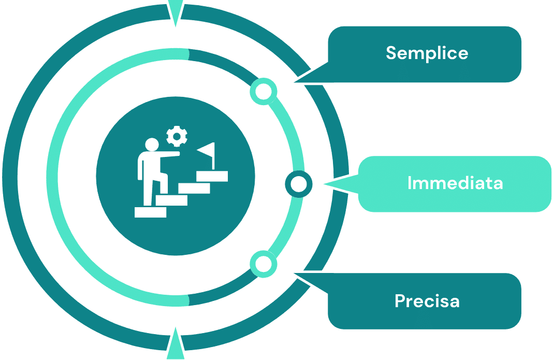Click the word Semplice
pyautogui.click(x=427, y=53)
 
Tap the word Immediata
pyautogui.click(x=455, y=183)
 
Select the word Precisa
pyautogui.click(x=427, y=301)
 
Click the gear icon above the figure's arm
pyautogui.click(x=177, y=136)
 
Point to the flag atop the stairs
pyautogui.click(x=207, y=152)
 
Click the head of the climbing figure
pyautogui.click(x=152, y=145)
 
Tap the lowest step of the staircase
pyautogui.click(x=150, y=212)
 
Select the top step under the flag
pyautogui.click(x=212, y=176)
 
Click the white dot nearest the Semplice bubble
pyautogui.click(x=264, y=92)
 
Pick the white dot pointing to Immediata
pyautogui.click(x=298, y=184)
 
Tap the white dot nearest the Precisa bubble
pyautogui.click(x=264, y=264)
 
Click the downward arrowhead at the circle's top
pyautogui.click(x=176, y=13)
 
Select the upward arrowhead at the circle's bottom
pyautogui.click(x=176, y=344)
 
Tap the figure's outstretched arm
pyautogui.click(x=169, y=154)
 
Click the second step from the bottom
pyautogui.click(x=171, y=200)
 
